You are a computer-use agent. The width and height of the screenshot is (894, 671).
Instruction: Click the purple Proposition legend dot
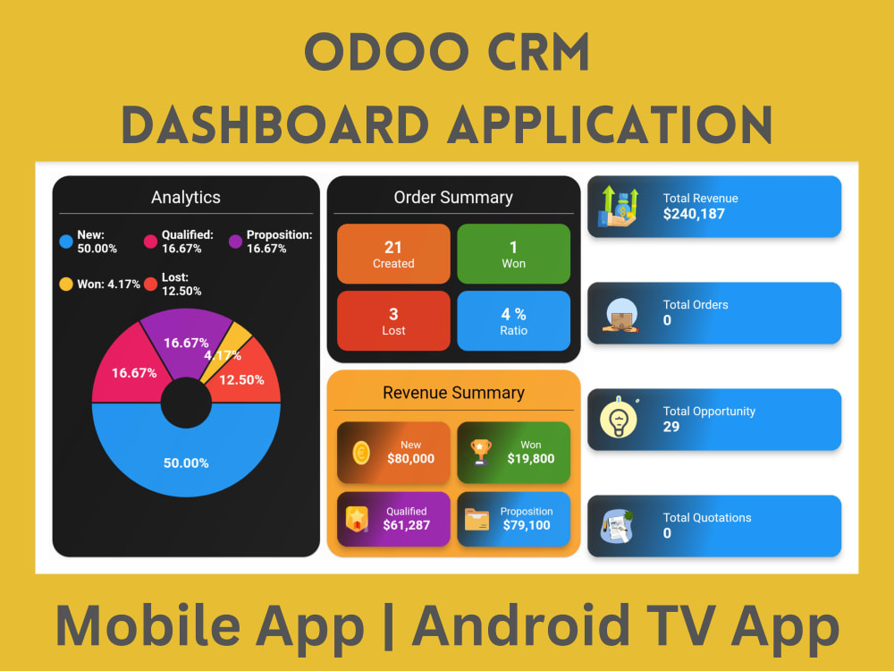point(236,241)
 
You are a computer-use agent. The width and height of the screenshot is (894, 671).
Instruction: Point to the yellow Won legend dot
point(65,285)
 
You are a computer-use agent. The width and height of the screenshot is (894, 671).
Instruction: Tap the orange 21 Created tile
point(393,254)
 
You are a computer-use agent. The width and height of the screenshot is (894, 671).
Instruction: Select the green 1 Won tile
point(513,254)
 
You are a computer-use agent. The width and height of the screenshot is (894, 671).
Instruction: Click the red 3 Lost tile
point(393,321)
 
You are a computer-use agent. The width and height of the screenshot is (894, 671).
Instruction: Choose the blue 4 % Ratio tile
point(513,321)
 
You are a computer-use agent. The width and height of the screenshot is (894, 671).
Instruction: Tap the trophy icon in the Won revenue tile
point(481,452)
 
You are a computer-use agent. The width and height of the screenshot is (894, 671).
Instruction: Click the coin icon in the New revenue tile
point(361,453)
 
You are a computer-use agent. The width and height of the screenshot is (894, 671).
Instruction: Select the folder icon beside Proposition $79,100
point(477,520)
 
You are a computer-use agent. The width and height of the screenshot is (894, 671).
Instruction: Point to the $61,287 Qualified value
point(407,525)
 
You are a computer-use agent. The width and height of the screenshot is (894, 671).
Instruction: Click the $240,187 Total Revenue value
point(694,214)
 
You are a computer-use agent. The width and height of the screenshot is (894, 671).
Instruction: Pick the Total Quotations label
point(707,517)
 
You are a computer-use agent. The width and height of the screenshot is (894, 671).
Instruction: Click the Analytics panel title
point(186,197)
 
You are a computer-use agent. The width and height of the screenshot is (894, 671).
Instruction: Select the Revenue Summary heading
point(453,393)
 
